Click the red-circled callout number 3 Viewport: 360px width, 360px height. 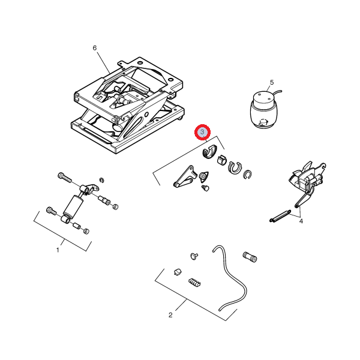pos(202,132)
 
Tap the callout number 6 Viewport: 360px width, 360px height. pos(95,48)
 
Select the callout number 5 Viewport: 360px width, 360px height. pos(272,82)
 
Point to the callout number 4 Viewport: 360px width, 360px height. pos(301,221)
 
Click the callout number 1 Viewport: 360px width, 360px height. pos(58,250)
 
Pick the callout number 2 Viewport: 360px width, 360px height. pos(170,315)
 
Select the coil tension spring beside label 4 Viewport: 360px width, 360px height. pos(280,216)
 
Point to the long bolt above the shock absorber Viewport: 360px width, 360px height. pos(65,178)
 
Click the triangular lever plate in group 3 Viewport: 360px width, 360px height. pos(185,177)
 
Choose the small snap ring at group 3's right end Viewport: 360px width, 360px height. pos(247,174)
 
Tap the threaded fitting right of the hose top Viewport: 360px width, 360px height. pos(250,257)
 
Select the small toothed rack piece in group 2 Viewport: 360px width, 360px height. pos(194,283)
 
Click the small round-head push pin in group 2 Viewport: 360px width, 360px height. pos(194,256)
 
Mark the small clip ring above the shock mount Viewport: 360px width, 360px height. pos(102,180)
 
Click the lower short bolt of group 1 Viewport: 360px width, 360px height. pos(51,211)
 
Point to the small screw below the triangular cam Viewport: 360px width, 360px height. pos(205,188)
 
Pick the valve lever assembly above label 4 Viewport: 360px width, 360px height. pos(308,181)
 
